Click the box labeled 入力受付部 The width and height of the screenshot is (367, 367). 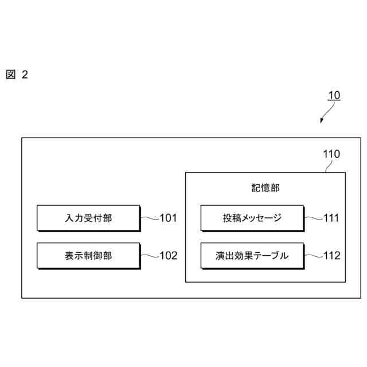coord(88,218)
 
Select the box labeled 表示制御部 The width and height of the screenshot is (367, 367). coord(88,256)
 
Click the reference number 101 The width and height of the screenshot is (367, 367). coord(169,218)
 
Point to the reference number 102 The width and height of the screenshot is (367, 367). coord(169,256)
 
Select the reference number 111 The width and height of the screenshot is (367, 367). coord(331,218)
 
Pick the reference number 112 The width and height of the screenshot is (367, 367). coord(331,256)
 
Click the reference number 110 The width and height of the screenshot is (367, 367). coord(331,154)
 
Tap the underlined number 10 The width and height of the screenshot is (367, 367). coord(334,96)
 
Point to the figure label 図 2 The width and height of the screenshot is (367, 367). coord(17,75)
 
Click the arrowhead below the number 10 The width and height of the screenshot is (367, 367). coord(322,122)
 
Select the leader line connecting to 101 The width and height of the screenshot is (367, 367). coord(149,218)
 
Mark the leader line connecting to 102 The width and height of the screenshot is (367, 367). coord(149,256)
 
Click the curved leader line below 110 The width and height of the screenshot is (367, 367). coord(327,166)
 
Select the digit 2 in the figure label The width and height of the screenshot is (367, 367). coord(24,75)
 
